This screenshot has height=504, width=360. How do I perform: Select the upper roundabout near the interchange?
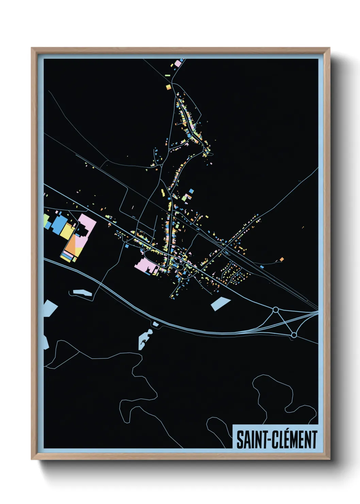(276, 310)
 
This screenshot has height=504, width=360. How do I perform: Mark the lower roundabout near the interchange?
(294, 335)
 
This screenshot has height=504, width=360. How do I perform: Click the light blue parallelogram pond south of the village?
(220, 303)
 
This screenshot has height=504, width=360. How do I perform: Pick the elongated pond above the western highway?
(82, 293)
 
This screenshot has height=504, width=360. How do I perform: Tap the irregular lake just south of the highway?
(144, 339)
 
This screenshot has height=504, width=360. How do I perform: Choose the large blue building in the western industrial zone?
(60, 223)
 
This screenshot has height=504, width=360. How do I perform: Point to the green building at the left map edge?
(46, 220)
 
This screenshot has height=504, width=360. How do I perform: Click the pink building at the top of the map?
(178, 64)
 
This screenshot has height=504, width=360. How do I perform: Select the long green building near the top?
(167, 75)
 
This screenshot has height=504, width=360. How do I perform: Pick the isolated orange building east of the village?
(281, 259)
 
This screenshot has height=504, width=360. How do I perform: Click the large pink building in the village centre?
(145, 264)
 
